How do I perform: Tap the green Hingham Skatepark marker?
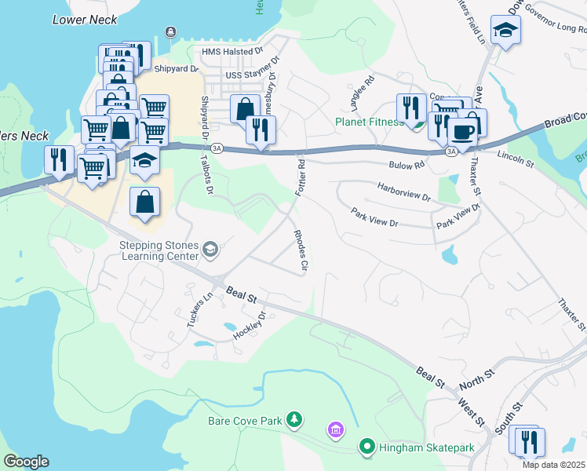tap(366, 447)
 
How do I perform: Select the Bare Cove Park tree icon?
tap(294, 421)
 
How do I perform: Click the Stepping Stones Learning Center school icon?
tap(210, 250)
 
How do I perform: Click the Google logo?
tap(26, 462)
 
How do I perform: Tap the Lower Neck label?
tap(85, 20)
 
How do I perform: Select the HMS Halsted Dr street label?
tap(232, 52)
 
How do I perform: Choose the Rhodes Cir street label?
tap(299, 251)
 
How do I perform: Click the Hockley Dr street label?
tap(250, 326)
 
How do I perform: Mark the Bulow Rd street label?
tap(407, 165)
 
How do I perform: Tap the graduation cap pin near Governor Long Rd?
tap(505, 31)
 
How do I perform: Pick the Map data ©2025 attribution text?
tap(553, 465)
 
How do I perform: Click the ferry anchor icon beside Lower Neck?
tap(170, 31)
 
